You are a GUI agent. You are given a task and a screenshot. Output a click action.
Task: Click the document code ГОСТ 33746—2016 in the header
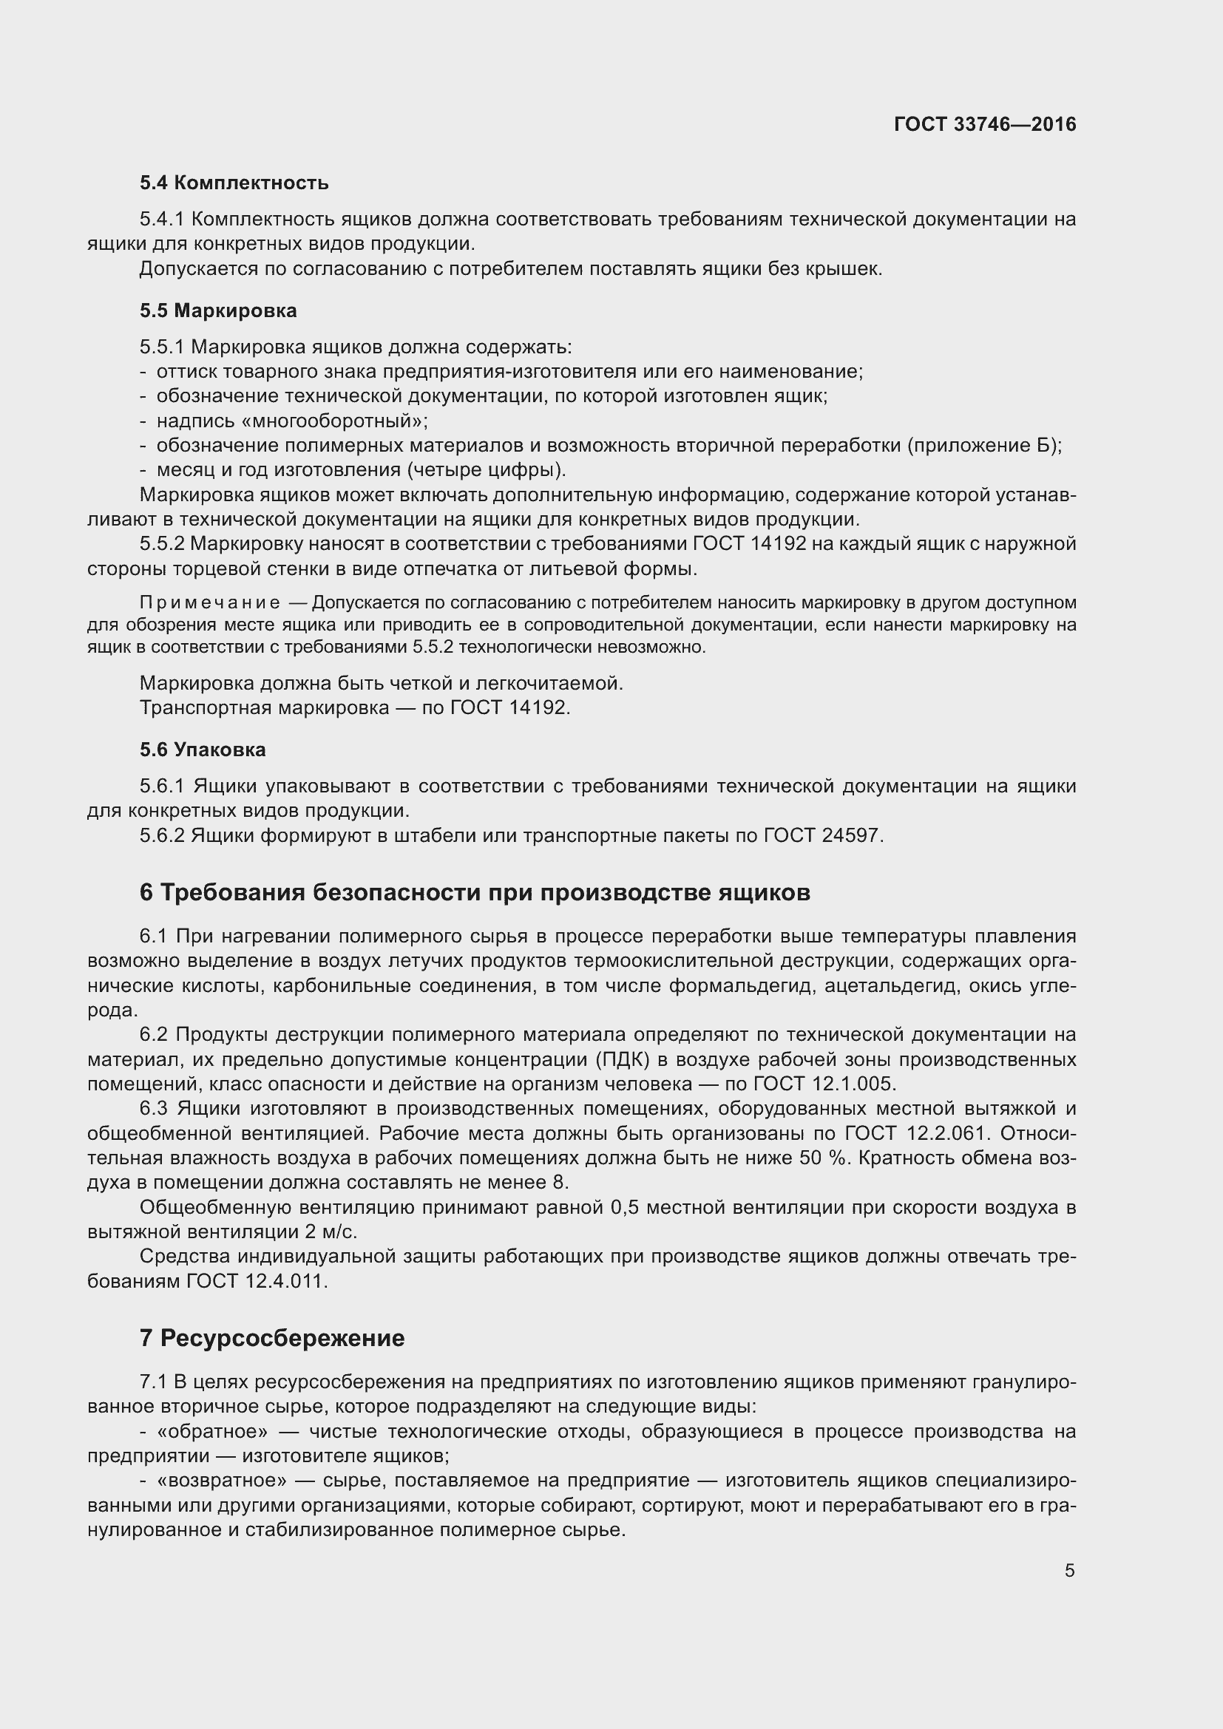click(984, 124)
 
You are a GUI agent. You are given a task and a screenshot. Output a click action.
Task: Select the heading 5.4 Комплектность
click(234, 183)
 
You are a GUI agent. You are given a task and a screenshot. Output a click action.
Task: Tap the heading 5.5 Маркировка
click(217, 310)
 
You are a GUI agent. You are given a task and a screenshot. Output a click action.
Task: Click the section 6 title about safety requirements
click(475, 891)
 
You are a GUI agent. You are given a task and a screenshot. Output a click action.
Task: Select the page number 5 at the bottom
click(1069, 1570)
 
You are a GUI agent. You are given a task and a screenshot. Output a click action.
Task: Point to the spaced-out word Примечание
click(210, 602)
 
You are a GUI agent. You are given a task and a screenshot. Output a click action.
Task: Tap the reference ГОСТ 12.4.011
click(256, 1281)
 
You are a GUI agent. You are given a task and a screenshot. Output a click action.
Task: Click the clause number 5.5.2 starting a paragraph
click(161, 544)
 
